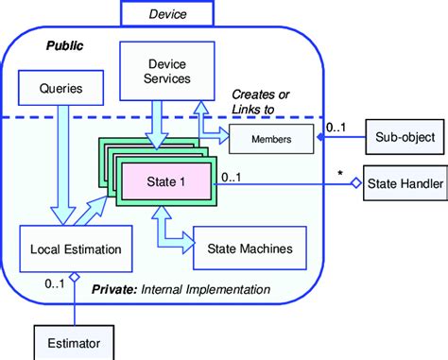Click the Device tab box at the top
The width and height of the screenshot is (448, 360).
[x=166, y=14]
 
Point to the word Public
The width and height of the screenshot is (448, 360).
[x=64, y=44]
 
